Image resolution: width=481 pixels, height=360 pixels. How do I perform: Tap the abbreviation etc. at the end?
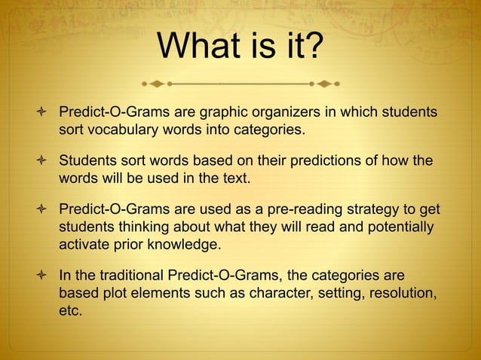pyautogui.click(x=71, y=310)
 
